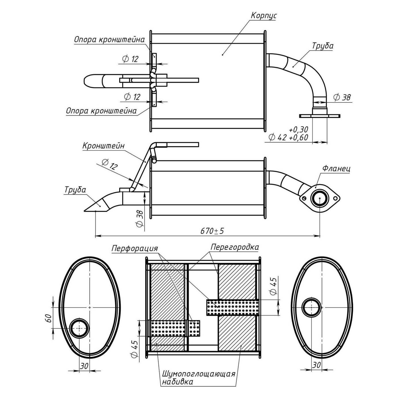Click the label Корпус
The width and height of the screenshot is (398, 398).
[263, 16]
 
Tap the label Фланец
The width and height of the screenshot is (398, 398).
[336, 168]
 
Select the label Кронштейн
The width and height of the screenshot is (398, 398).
[103, 146]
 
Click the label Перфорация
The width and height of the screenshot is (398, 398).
[135, 249]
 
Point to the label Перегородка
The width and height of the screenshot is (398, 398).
[235, 247]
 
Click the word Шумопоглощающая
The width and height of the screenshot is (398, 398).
[198, 374]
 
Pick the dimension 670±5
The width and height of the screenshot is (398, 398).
[212, 231]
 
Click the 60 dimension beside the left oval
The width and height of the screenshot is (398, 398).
[48, 318]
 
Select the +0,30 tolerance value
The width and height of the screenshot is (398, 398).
[298, 129]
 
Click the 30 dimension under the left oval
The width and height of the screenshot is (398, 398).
[84, 366]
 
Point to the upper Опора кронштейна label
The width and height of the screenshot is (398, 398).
[109, 40]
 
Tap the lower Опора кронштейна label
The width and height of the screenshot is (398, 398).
[101, 111]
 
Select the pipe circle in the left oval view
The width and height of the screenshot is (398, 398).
[79, 328]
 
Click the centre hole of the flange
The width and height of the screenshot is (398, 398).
[320, 198]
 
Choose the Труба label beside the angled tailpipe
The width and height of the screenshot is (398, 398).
[75, 190]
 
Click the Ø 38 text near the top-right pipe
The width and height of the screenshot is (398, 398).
[342, 97]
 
